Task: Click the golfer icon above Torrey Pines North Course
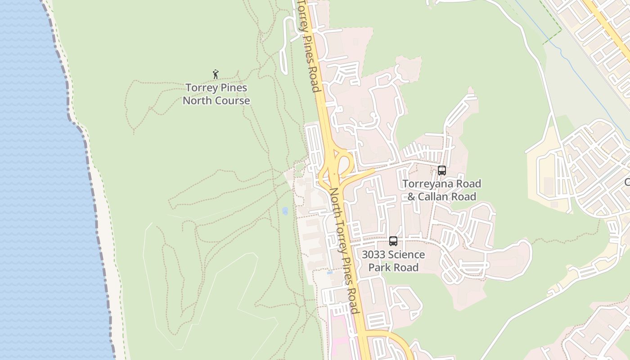[216, 74]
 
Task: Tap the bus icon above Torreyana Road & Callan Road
[442, 171]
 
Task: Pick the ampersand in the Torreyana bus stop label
[412, 197]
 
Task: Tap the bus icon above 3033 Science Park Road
[393, 241]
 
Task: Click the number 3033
[373, 255]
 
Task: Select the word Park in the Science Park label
[379, 267]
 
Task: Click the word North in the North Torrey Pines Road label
[335, 198]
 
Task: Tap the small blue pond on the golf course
[285, 211]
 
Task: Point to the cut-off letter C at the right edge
[627, 182]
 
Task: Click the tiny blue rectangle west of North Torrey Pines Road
[330, 273]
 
